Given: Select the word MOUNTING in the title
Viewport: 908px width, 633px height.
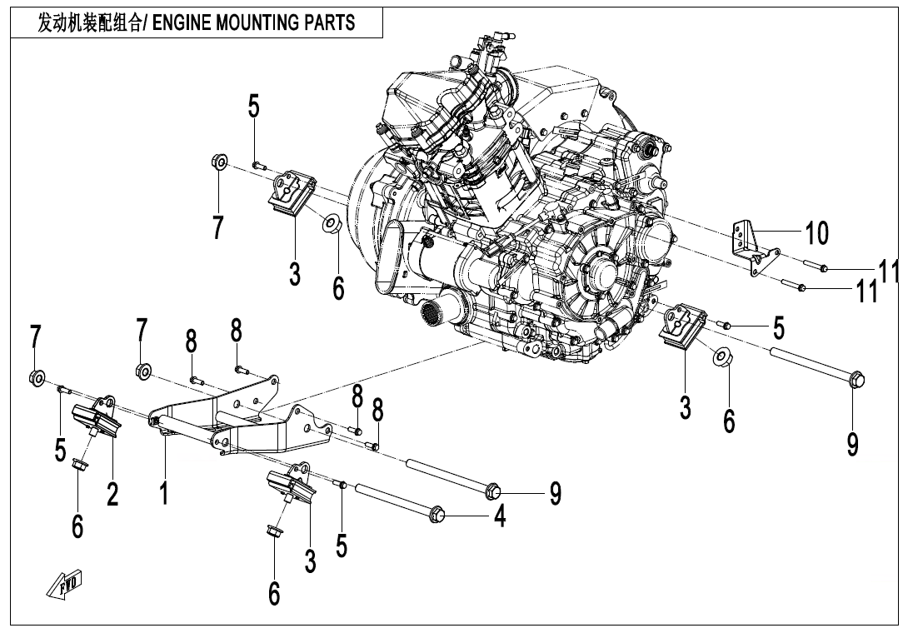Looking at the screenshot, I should pyautogui.click(x=261, y=22).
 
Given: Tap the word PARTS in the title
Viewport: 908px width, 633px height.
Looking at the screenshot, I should pyautogui.click(x=331, y=22).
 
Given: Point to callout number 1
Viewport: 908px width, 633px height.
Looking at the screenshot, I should pyautogui.click(x=165, y=491).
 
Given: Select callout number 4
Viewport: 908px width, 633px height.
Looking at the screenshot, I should pyautogui.click(x=500, y=517).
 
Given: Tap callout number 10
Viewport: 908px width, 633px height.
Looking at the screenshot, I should pyautogui.click(x=816, y=234).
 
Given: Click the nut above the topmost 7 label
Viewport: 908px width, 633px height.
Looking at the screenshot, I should pyautogui.click(x=217, y=160).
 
